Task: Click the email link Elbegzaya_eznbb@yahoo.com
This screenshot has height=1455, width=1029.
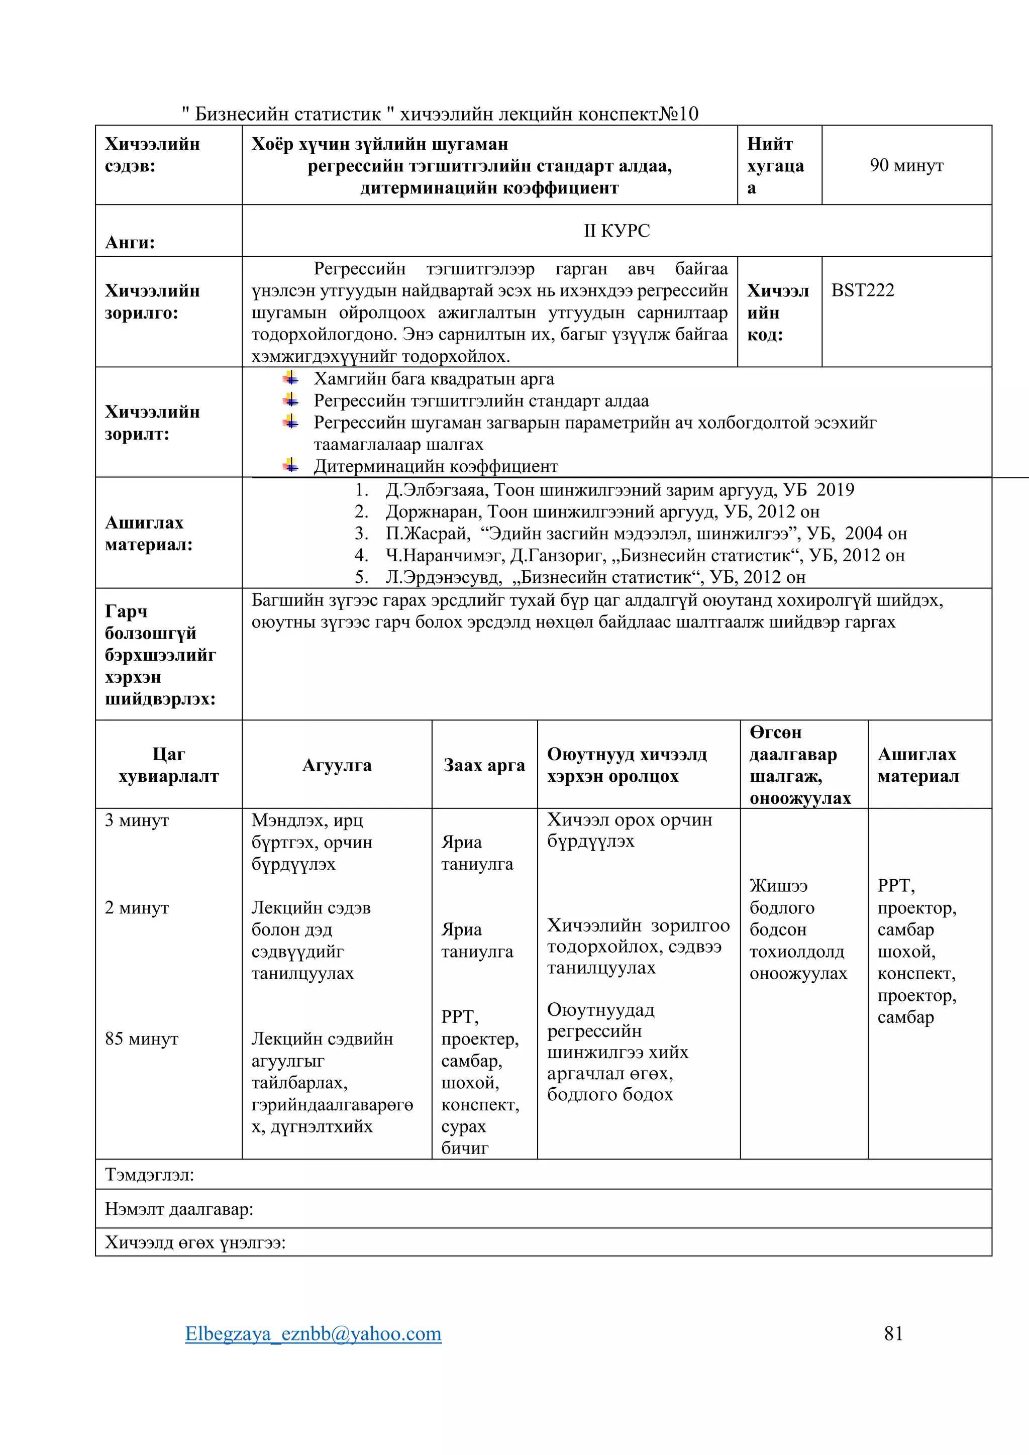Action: (313, 1333)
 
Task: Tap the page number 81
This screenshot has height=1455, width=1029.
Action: (893, 1333)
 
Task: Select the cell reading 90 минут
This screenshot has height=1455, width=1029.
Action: (906, 165)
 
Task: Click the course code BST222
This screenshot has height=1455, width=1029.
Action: (862, 290)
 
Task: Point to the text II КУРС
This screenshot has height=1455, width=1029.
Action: (616, 231)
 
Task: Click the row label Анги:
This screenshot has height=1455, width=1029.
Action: (130, 243)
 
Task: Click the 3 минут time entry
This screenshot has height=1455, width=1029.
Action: (137, 820)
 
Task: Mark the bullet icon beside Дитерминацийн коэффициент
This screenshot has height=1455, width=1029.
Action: (291, 466)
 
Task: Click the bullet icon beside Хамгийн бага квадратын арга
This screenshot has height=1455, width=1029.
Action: (291, 379)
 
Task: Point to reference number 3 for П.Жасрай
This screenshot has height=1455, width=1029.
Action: (361, 534)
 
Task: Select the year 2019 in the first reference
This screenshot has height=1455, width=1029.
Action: (835, 490)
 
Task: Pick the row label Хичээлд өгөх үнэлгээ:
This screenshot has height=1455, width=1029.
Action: (195, 1241)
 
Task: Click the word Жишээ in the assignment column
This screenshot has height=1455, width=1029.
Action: (778, 886)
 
